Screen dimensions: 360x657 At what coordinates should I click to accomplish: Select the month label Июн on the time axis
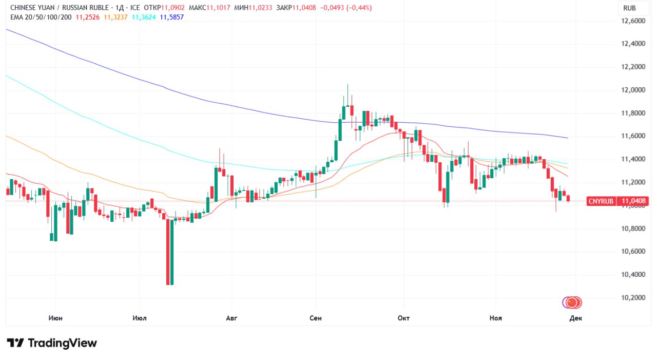pos(55,318)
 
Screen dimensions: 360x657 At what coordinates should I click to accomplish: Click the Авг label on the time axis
pos(232,318)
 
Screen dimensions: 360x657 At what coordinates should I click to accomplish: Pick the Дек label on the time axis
pos(575,318)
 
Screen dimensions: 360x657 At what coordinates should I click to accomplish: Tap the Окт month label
pos(403,318)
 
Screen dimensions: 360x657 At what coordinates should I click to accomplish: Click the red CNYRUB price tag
pos(601,201)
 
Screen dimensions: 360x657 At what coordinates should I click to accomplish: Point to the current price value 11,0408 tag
pos(633,201)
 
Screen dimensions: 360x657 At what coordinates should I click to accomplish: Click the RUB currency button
pos(629,8)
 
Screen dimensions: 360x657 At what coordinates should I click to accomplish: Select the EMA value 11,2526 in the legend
pos(87,17)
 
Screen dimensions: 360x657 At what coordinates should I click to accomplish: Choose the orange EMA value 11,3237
pos(115,17)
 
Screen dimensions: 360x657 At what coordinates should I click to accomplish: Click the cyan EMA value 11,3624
pos(144,17)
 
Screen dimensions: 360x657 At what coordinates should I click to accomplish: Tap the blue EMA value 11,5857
pos(171,17)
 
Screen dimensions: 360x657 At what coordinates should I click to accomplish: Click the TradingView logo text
pos(62,343)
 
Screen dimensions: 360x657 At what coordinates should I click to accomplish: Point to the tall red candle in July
pos(167,252)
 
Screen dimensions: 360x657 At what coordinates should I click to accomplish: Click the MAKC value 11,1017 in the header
pos(219,8)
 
